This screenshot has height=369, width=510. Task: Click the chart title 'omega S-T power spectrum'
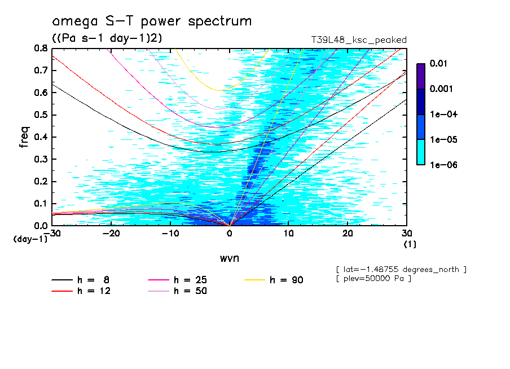[152, 22]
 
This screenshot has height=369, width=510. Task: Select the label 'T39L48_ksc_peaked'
[359, 40]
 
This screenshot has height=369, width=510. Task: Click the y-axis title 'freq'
[24, 137]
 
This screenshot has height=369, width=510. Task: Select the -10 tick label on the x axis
[170, 234]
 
